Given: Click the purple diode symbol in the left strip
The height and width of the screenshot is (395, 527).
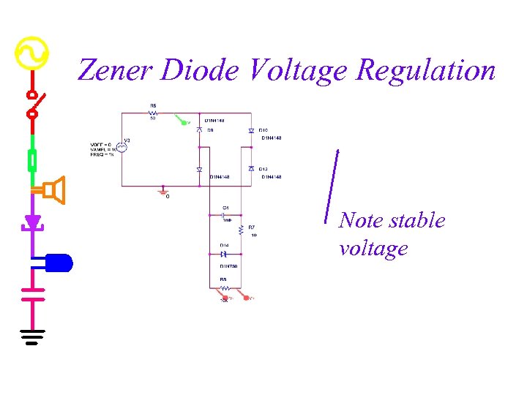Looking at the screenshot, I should [x=31, y=222].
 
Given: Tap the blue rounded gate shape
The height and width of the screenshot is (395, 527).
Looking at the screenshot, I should [x=59, y=262].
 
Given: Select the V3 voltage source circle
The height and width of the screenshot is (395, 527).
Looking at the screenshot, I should [x=123, y=146].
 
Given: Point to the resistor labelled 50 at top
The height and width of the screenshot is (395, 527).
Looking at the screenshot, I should [x=153, y=113].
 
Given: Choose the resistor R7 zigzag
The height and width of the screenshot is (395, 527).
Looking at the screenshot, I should [x=242, y=232].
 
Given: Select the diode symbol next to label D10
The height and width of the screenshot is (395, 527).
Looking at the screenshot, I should [x=251, y=131].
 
